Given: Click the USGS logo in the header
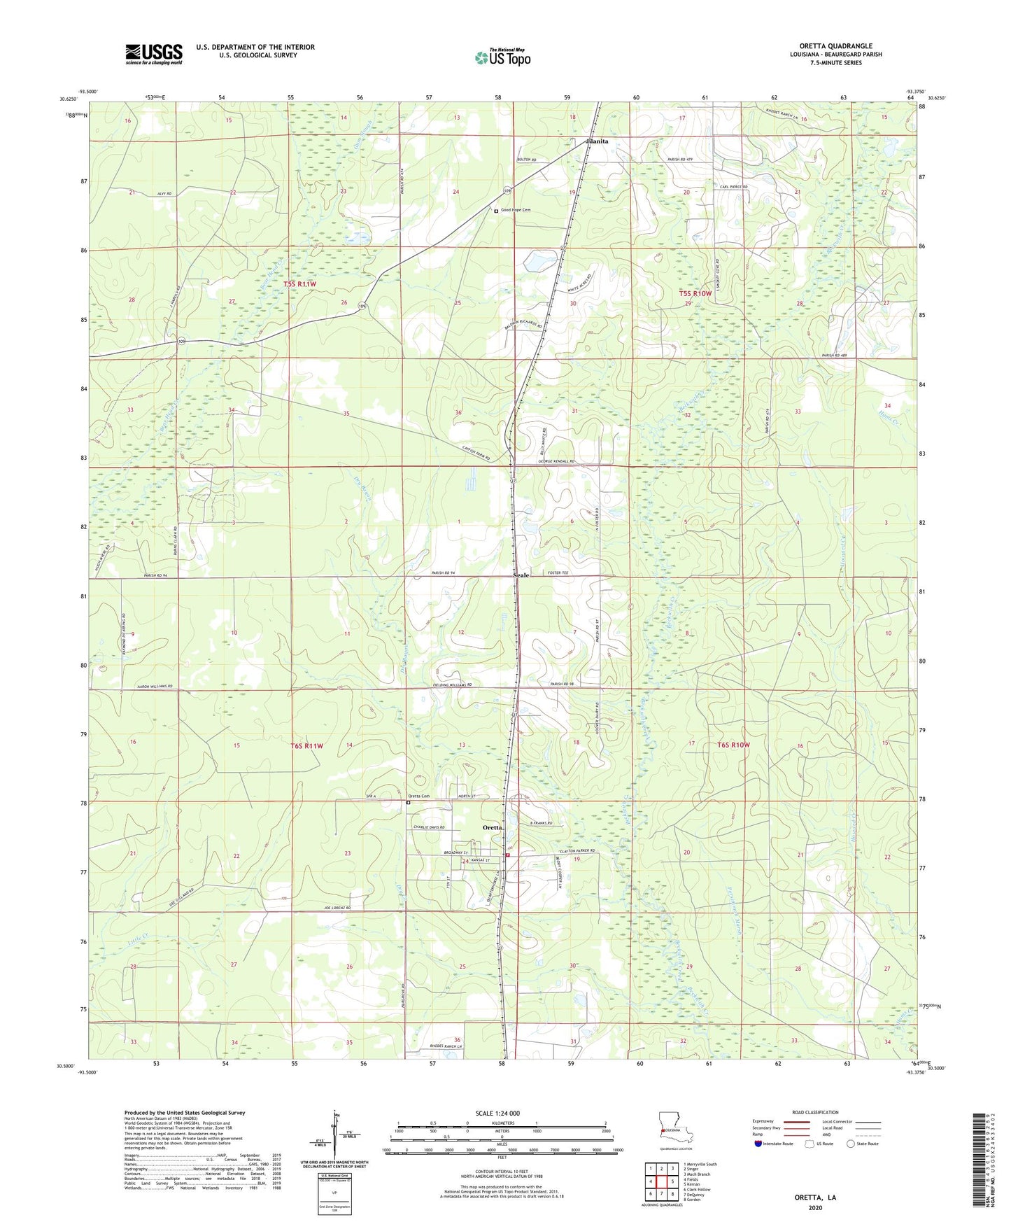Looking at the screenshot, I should [x=154, y=54].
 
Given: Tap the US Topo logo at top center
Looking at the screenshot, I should [x=502, y=57].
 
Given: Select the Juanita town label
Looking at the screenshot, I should [x=596, y=141].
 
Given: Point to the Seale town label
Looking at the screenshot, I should [x=522, y=575].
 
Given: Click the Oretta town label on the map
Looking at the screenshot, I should [x=493, y=827].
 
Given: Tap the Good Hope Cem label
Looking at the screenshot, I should [x=516, y=210].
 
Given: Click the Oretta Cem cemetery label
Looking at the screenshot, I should [x=418, y=796].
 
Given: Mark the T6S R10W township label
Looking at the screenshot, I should [x=733, y=745].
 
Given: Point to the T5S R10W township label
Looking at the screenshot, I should [x=695, y=294].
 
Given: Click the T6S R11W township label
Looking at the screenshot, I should [x=306, y=746].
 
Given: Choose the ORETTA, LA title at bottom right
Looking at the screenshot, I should [x=814, y=1198].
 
